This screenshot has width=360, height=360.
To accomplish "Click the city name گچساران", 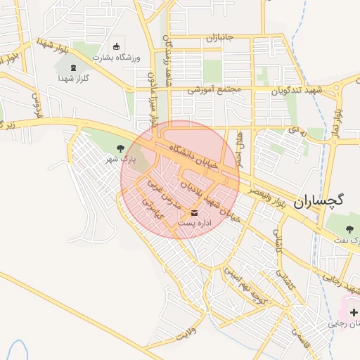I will pyautogui.click(x=327, y=200).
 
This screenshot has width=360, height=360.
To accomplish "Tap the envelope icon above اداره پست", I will pyautogui.click(x=195, y=212).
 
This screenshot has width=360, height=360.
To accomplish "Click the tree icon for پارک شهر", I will pyautogui.click(x=120, y=148).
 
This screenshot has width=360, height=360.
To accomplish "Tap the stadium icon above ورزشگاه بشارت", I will pyautogui.click(x=116, y=46).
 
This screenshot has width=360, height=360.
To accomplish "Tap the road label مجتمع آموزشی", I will pyautogui.click(x=214, y=89).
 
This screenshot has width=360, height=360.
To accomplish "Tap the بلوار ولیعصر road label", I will pyautogui.click(x=264, y=192).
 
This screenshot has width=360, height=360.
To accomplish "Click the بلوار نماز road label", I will pyautogui.click(x=338, y=120).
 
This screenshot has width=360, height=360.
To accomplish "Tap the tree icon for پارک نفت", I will pyautogui.click(x=350, y=229).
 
